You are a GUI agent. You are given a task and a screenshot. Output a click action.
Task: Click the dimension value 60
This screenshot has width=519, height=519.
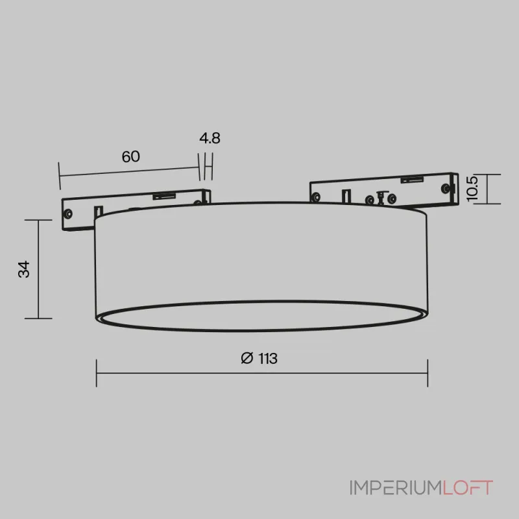coord(130,156)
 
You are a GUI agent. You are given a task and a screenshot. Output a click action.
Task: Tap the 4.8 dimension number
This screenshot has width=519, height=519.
coord(210,138)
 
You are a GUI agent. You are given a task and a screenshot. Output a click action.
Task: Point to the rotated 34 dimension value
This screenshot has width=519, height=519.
coord(24,269)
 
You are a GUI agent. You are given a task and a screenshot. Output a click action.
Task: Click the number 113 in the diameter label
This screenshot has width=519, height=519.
coord(267,359)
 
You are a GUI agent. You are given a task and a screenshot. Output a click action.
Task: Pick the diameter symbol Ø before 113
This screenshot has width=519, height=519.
coord(246,359)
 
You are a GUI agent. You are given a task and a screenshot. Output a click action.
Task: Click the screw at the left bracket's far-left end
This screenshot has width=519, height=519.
coord(67,211)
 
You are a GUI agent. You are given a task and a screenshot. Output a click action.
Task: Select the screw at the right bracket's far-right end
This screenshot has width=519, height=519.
coord(445,187)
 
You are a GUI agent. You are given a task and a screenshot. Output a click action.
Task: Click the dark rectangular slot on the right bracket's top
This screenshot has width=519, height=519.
coord(410,179)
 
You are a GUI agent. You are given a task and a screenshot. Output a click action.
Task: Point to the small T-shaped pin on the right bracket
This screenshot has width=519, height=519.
coord(381,197)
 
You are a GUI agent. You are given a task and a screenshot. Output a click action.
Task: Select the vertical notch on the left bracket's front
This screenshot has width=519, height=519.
coord(98,211)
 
